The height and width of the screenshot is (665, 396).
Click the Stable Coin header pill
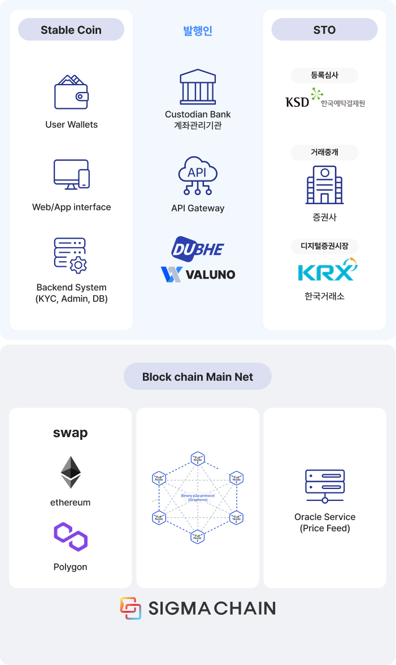(x=71, y=30)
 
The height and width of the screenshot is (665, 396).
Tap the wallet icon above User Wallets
(x=71, y=93)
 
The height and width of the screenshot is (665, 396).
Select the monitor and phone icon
(x=71, y=175)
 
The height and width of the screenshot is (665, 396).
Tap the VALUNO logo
(x=198, y=274)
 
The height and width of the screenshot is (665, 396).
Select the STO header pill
(x=324, y=30)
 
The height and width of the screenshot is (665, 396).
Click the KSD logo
(x=297, y=102)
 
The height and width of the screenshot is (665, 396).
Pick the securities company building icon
(x=325, y=185)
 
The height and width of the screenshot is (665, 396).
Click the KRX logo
(x=328, y=270)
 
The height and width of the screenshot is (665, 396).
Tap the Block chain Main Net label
(x=198, y=377)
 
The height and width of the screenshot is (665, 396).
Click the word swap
(x=71, y=433)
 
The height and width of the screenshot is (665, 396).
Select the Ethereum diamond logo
(x=71, y=472)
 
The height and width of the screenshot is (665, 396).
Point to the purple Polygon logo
(x=71, y=537)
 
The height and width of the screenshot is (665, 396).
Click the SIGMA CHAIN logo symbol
(x=130, y=608)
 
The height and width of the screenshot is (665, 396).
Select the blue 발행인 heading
(x=198, y=30)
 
